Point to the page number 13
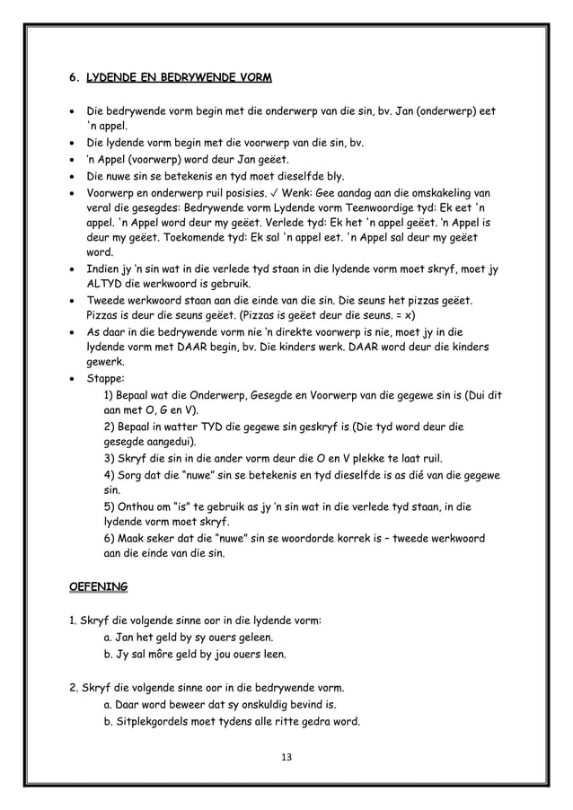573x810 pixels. pyautogui.click(x=286, y=757)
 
